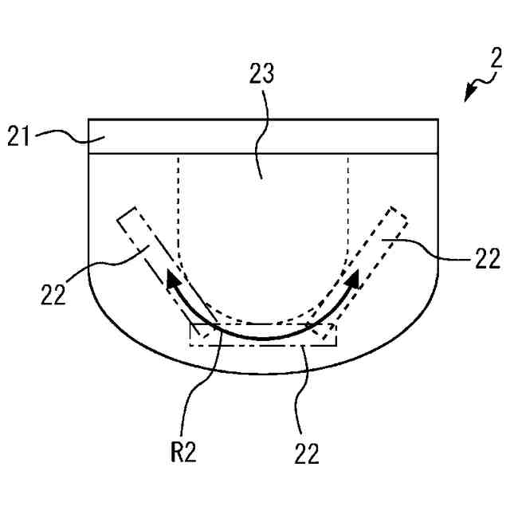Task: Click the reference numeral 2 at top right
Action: [x=495, y=57]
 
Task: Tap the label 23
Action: [x=262, y=76]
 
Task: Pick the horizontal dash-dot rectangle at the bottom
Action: [x=263, y=335]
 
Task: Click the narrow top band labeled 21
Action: [x=263, y=136]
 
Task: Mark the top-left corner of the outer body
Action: [x=88, y=120]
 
